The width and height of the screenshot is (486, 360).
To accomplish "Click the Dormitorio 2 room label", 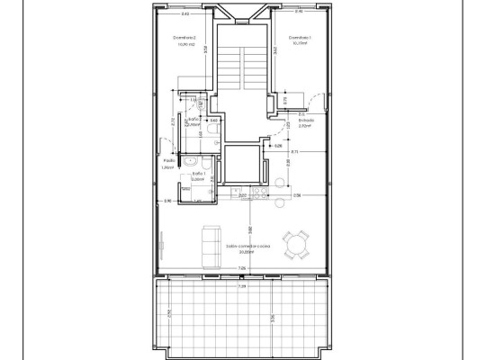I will (x=184, y=37).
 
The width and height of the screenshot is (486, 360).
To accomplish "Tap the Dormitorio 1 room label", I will (x=300, y=37).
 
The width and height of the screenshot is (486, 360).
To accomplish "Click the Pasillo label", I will (x=167, y=162).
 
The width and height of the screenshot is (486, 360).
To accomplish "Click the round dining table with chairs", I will (x=294, y=243).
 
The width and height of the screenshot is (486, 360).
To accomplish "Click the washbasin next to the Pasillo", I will (x=191, y=161).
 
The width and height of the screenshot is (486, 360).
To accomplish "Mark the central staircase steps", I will (x=242, y=67).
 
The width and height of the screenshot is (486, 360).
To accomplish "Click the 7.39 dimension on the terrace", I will (x=241, y=286).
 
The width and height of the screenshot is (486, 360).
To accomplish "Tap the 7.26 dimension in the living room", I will (x=241, y=268).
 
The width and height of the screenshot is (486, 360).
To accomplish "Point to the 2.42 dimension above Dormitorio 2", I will (x=185, y=13).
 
